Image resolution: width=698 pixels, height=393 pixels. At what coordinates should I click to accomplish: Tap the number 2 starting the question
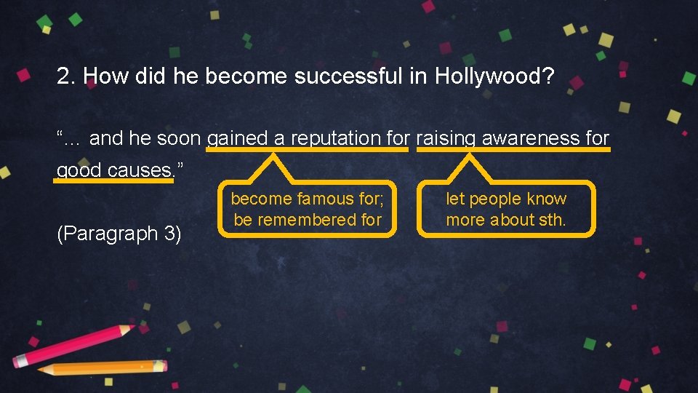pyautogui.click(x=64, y=76)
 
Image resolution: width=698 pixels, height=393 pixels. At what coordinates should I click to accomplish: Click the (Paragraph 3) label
pyautogui.click(x=119, y=234)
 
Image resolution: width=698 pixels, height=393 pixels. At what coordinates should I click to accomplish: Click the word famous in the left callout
pyautogui.click(x=324, y=199)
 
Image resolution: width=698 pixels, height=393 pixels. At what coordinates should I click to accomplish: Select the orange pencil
pyautogui.click(x=102, y=368)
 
